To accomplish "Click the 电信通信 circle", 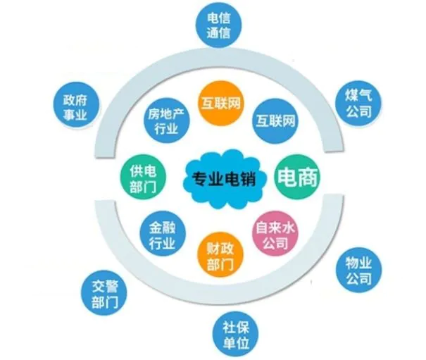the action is pyautogui.click(x=219, y=25).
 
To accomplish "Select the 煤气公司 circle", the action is pyautogui.click(x=358, y=104).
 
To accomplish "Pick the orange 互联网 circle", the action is pyautogui.click(x=220, y=104).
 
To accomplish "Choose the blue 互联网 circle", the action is pyautogui.click(x=275, y=120).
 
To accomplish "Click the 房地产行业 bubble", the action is pyautogui.click(x=167, y=120).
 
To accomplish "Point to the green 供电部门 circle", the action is pyautogui.click(x=143, y=178).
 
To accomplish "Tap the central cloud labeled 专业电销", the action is pyautogui.click(x=224, y=179).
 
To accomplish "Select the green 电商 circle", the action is pyautogui.click(x=297, y=178).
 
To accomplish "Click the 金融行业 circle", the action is pyautogui.click(x=163, y=234).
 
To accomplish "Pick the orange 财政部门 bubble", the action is pyautogui.click(x=220, y=256).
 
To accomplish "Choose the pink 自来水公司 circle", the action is pyautogui.click(x=275, y=233).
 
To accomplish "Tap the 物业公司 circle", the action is pyautogui.click(x=358, y=270).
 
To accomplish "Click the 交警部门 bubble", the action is pyautogui.click(x=104, y=293).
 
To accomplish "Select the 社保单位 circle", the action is pyautogui.click(x=235, y=334).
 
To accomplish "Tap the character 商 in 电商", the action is pyautogui.click(x=308, y=178).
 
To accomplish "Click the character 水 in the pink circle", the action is pyautogui.click(x=289, y=228).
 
